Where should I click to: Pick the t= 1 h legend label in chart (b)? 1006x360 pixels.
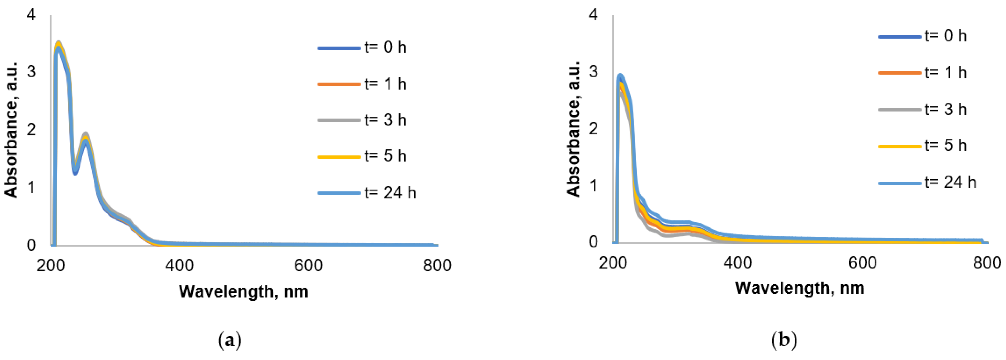click(945, 73)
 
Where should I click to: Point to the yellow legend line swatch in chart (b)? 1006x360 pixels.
click(900, 146)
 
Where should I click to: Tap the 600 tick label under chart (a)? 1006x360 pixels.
click(308, 266)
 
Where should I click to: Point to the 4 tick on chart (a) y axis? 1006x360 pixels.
click(31, 15)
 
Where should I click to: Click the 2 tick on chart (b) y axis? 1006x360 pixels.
click(593, 129)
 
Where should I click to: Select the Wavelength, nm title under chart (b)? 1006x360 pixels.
click(799, 288)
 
